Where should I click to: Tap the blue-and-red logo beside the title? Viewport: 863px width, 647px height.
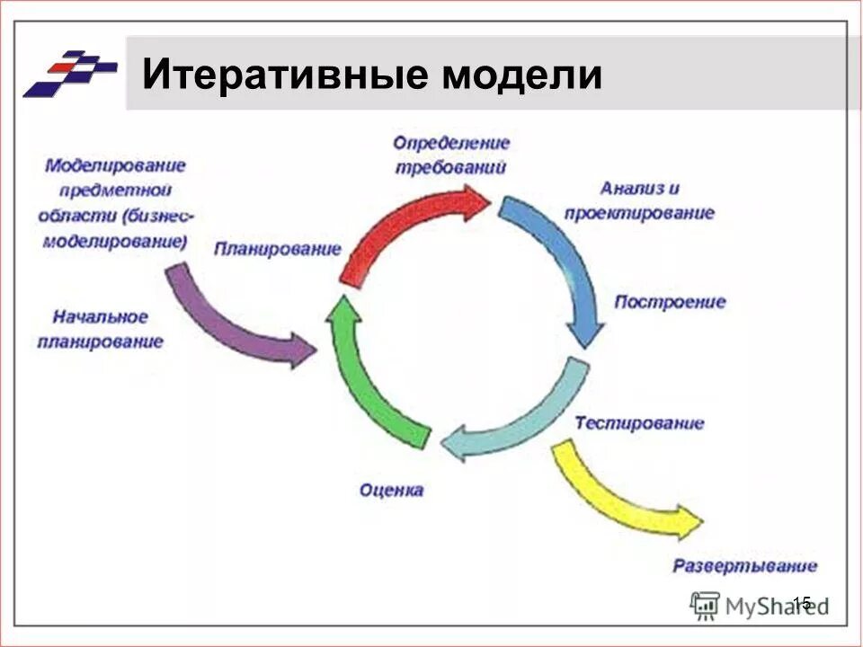coord(69,73)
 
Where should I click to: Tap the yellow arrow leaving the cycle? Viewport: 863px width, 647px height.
coord(620,494)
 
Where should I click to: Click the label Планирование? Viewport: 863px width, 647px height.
coord(277,249)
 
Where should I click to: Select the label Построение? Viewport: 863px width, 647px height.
coord(669,302)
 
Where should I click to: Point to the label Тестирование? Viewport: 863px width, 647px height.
coord(639,423)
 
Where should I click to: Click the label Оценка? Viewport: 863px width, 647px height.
coord(391,491)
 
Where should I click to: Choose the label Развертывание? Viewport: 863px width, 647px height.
coord(745,566)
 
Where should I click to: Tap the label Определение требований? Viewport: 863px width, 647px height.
coord(450,155)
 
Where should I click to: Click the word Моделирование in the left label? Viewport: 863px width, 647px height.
coord(115,166)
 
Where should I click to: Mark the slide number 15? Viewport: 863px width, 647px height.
coord(802,603)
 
